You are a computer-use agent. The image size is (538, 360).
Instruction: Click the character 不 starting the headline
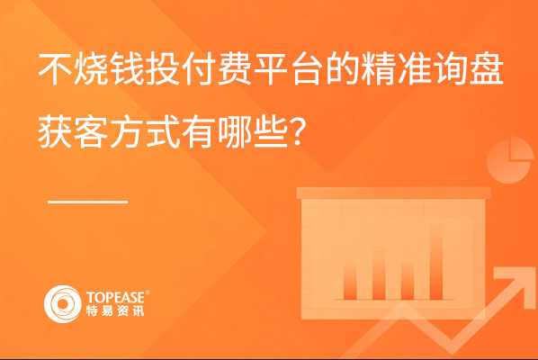coord(55,68)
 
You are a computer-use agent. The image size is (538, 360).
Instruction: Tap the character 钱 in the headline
coord(127,68)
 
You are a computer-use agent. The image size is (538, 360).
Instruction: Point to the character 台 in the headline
coord(307,68)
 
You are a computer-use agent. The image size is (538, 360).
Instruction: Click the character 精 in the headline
coord(379,68)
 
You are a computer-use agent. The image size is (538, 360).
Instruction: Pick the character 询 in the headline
coord(451,68)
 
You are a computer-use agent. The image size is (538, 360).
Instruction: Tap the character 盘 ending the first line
coord(487,68)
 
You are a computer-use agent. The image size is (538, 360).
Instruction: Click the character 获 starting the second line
coord(55,131)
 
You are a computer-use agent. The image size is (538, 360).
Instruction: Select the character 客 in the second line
coord(91,131)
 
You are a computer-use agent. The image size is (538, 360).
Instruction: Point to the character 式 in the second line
coord(163,131)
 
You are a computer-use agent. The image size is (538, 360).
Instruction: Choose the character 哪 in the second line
coord(235,131)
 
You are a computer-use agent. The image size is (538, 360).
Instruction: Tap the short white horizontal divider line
coord(87,202)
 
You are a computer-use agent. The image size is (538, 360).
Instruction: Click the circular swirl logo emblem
coord(62,304)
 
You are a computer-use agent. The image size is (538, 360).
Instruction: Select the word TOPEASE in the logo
coord(116,298)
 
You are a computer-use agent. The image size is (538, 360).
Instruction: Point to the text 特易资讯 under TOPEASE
coord(115,310)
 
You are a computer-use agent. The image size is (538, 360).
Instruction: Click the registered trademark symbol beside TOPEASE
coord(148,292)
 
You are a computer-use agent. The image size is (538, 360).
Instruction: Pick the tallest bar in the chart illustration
coord(436,262)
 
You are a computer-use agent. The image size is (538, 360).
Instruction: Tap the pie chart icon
coord(510,160)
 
